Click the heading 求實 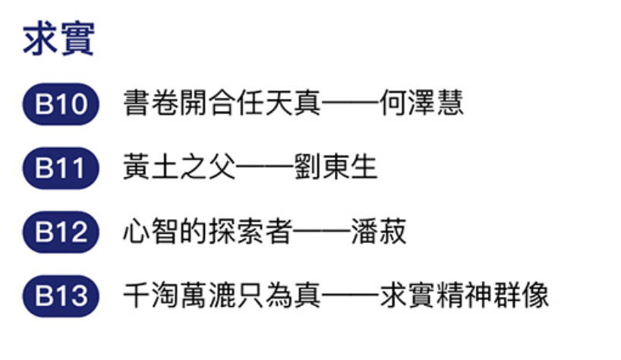click(58, 39)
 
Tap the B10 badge click(61, 104)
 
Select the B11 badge click(61, 168)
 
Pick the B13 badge click(61, 296)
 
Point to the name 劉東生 click(335, 168)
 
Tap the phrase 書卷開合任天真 click(221, 104)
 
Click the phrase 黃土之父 click(178, 168)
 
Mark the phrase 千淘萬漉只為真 click(221, 296)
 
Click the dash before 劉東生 click(263, 168)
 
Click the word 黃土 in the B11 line click(150, 168)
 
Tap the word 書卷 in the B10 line click(150, 104)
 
